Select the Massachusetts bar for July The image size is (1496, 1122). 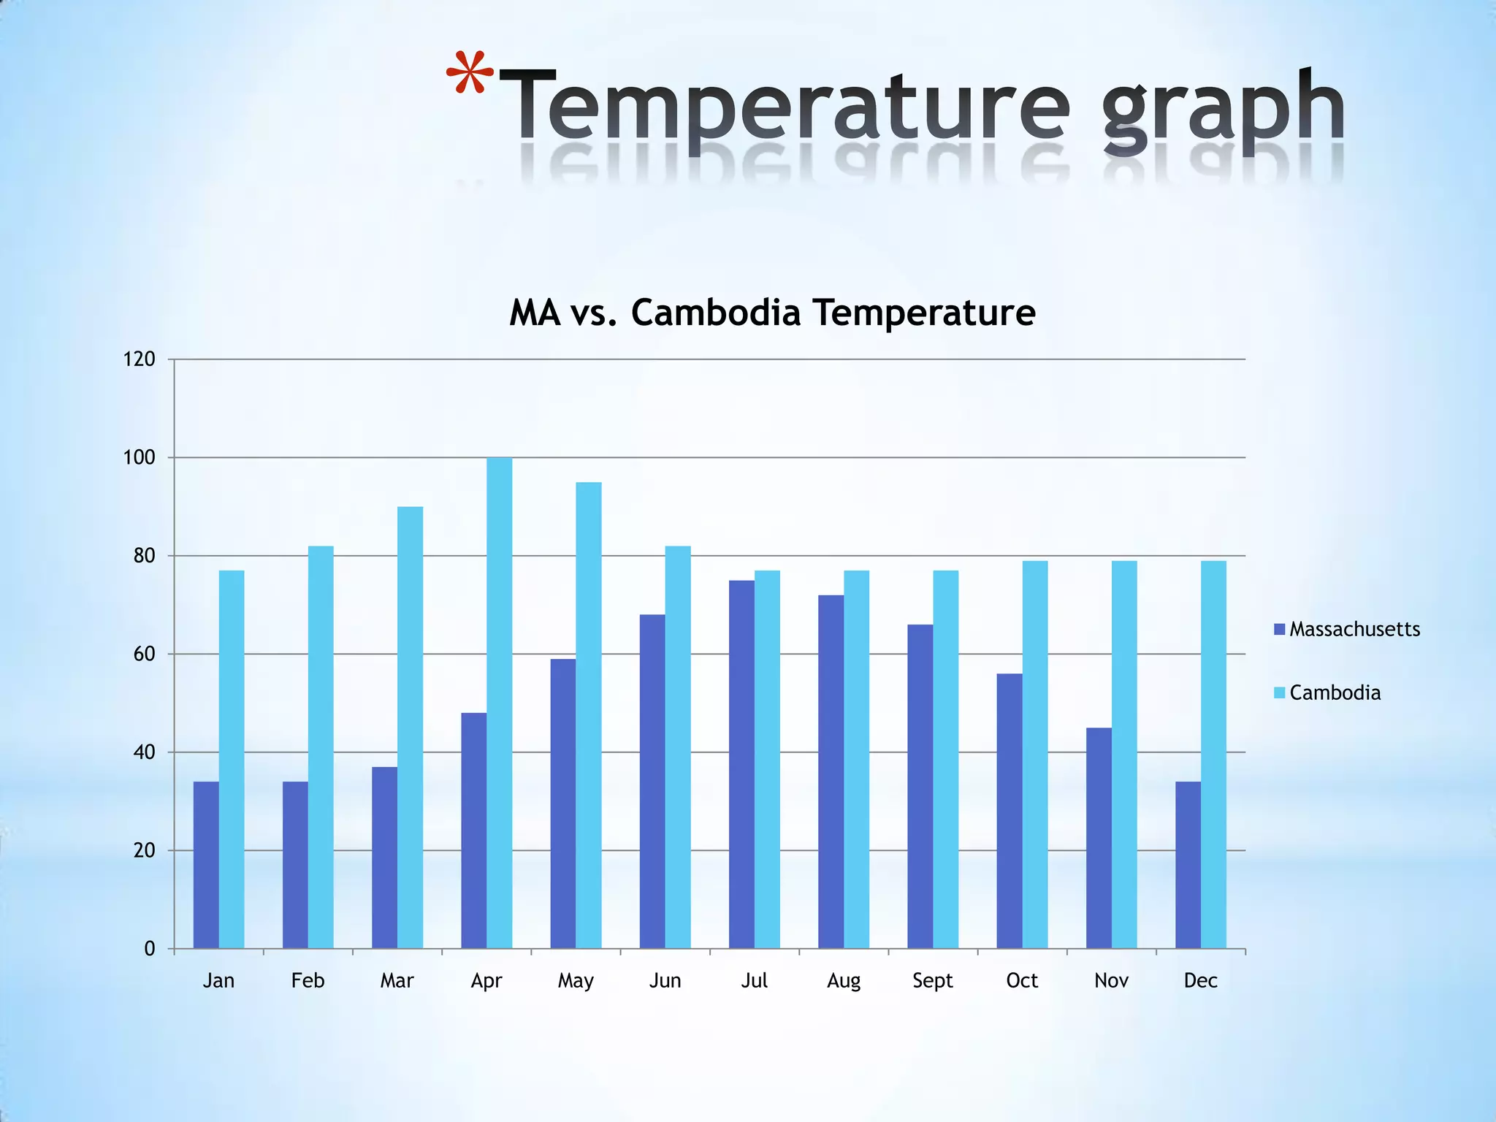click(x=741, y=764)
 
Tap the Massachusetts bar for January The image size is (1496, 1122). click(x=206, y=865)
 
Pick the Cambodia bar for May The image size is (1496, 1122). click(x=589, y=715)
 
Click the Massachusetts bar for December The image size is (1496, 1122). click(x=1188, y=865)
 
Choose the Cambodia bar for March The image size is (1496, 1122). click(x=410, y=728)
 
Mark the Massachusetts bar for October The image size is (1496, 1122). click(x=1010, y=811)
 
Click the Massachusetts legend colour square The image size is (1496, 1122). click(x=1279, y=629)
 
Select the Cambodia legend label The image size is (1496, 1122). click(x=1335, y=692)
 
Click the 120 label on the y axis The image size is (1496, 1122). click(x=140, y=359)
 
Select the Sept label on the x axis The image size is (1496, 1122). click(x=933, y=980)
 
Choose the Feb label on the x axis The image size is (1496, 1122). click(x=308, y=980)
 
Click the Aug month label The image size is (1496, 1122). click(x=844, y=980)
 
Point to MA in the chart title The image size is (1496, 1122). click(x=535, y=313)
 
